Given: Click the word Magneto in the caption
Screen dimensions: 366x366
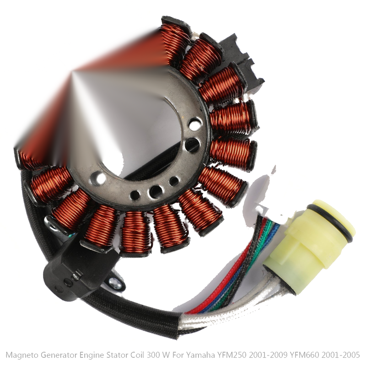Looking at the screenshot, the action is pyautogui.click(x=22, y=355).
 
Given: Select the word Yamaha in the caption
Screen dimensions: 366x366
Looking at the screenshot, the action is pyautogui.click(x=200, y=355).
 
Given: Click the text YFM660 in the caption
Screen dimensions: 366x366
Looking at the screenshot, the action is pyautogui.click(x=304, y=355).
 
